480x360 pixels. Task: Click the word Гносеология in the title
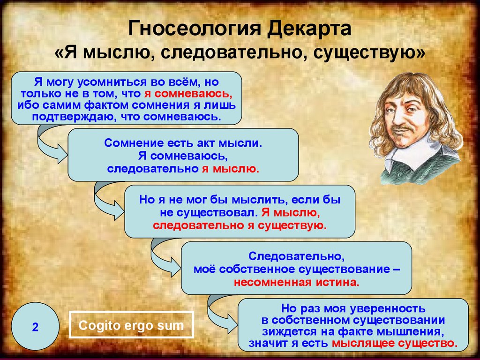click(195, 28)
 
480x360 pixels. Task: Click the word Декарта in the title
click(309, 28)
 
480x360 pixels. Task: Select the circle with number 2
click(35, 326)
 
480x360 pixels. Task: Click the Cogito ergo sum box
click(131, 325)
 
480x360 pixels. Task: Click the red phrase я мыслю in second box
click(230, 169)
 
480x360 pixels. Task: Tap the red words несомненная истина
click(296, 282)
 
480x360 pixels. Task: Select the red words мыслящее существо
click(395, 343)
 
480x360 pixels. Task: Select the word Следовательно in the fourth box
click(296, 256)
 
